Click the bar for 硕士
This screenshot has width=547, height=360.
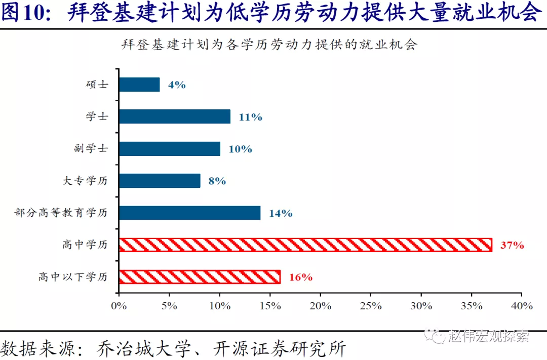[139, 85]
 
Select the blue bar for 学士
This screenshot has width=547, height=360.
[174, 116]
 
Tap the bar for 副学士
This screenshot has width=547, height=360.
[169, 148]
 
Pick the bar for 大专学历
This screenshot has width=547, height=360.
[160, 181]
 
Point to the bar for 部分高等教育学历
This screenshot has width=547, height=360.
[189, 213]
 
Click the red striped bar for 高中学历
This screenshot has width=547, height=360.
[305, 245]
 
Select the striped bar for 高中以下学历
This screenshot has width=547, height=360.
[200, 277]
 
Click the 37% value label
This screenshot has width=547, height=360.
[512, 246]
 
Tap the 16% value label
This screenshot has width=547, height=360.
[300, 277]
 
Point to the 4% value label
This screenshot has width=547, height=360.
[177, 85]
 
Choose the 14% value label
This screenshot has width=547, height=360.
[281, 213]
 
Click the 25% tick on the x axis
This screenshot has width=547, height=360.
[370, 306]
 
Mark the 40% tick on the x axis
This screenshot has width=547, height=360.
[522, 306]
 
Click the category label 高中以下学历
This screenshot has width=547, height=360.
[73, 277]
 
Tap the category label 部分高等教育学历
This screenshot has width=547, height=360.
[61, 213]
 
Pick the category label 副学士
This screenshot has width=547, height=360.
[91, 148]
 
